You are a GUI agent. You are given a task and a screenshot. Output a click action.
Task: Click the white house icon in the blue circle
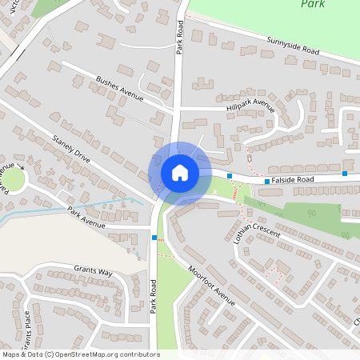[180, 173]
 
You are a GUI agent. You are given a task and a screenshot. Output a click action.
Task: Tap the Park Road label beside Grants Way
[154, 295]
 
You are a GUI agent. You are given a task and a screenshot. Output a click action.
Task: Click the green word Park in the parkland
[313, 4]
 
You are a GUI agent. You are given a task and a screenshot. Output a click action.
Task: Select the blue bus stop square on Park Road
[154, 238]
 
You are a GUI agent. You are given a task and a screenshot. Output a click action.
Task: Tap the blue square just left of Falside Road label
[267, 182]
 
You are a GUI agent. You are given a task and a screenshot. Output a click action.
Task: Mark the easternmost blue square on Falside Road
[345, 174]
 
